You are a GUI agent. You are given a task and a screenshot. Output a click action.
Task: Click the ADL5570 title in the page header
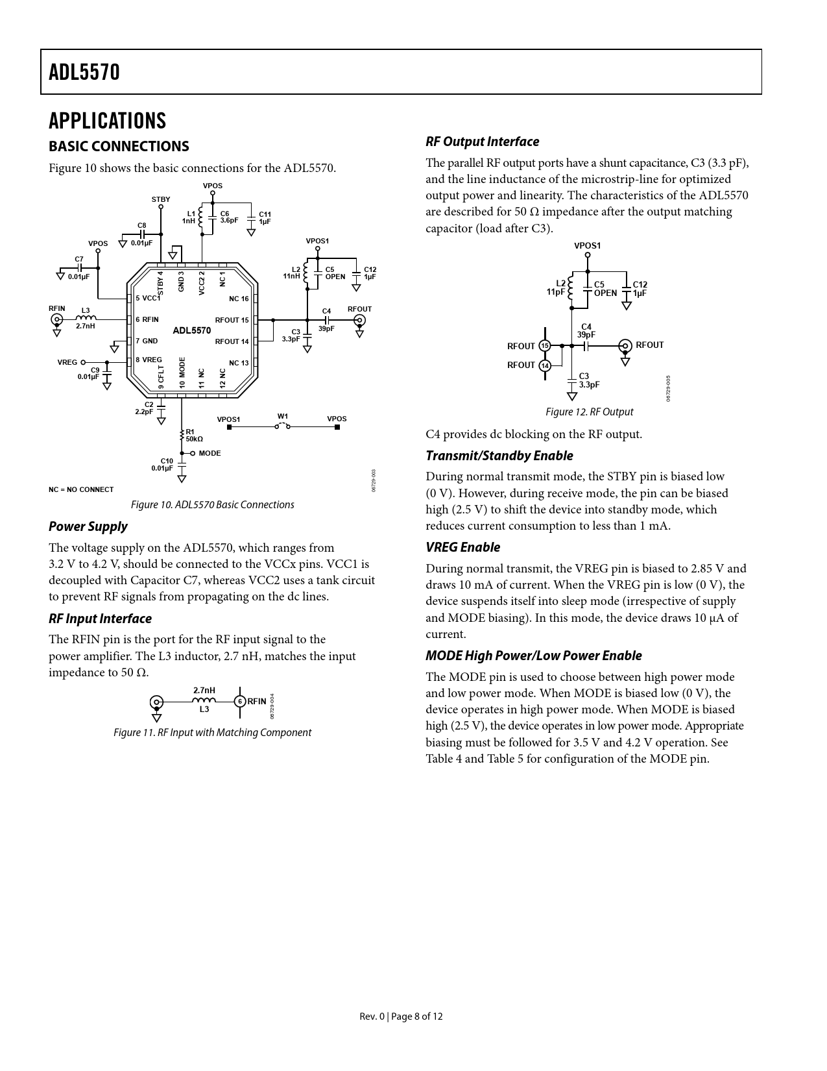pos(84,72)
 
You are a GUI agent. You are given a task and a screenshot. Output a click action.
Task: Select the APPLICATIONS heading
pos(108,121)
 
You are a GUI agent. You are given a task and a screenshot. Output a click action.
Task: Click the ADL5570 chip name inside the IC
pos(191,331)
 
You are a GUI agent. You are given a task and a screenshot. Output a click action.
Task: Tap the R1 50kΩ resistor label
pos(194,435)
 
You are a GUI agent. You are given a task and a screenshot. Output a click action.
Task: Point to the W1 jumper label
pos(283,417)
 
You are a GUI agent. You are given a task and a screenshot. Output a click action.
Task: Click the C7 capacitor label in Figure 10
pos(79,259)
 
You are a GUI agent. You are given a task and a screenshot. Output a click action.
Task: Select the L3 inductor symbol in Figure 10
pos(86,318)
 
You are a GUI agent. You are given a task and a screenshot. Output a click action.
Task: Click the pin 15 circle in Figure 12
pos(545,345)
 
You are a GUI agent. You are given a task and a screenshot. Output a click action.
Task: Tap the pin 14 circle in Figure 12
pos(545,365)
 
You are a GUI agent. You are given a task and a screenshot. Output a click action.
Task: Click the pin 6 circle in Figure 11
pos(240,702)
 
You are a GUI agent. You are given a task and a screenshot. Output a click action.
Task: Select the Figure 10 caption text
pos(212,505)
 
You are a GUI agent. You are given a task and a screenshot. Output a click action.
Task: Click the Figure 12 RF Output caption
pos(589,412)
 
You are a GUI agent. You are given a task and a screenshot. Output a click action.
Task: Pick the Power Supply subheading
pos(88,527)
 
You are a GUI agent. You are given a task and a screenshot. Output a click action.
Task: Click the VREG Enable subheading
pos(463,548)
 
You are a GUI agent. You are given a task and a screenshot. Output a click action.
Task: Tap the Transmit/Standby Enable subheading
pos(499,456)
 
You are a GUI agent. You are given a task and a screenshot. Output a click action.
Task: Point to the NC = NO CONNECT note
pos(81,489)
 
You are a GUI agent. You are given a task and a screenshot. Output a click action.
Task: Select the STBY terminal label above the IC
pos(161,200)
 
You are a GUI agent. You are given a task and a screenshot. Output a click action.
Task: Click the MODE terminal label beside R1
pos(210,454)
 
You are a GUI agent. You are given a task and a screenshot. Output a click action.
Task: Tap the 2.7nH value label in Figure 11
pos(204,691)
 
